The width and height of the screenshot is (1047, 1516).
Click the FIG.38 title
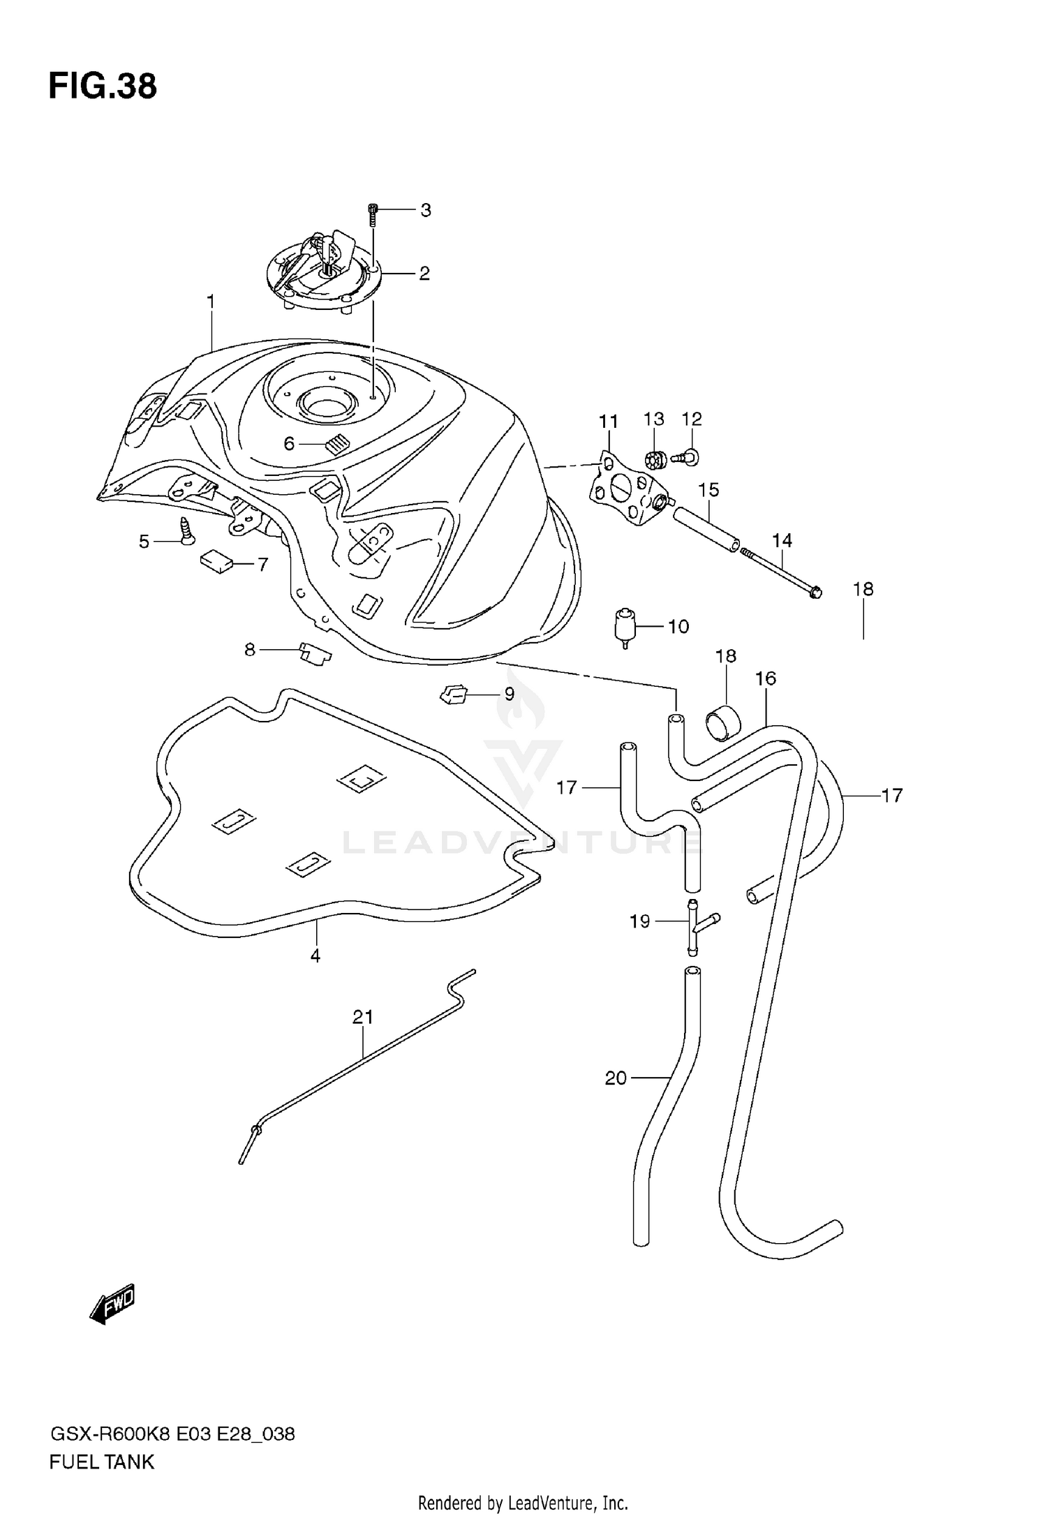click(x=103, y=87)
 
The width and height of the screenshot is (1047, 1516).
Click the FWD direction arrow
click(x=112, y=1304)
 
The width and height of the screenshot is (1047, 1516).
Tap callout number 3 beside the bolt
click(x=425, y=210)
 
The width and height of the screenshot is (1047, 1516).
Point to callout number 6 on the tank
click(x=289, y=444)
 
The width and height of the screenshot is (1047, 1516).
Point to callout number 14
click(x=782, y=540)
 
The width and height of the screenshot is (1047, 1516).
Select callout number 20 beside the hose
click(x=616, y=1078)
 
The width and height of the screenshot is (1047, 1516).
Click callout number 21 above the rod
click(x=363, y=1017)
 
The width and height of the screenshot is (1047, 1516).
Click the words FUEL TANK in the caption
click(x=102, y=1462)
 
